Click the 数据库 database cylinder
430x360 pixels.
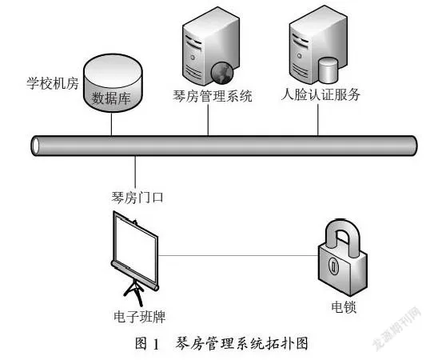coord(113,83)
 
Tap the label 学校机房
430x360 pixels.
coord(53,83)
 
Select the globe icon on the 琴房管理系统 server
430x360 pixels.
coord(222,73)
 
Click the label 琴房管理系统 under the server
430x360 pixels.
coord(213,96)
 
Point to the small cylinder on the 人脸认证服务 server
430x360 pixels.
coord(328,70)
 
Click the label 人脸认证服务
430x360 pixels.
coord(321,94)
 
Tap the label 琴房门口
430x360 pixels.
coord(137,198)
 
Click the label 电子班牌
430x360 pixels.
coord(140,317)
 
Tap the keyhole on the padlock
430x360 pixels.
coord(333,266)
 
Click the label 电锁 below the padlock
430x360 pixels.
coord(344,307)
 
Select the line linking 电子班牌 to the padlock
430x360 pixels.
coord(238,255)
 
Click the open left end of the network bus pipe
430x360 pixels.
coord(35,146)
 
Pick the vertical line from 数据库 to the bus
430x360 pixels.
coord(112,124)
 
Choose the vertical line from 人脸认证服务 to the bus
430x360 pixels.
coord(318,119)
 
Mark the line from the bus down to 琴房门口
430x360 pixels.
coord(135,172)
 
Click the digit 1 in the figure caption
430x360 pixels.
coord(157,344)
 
